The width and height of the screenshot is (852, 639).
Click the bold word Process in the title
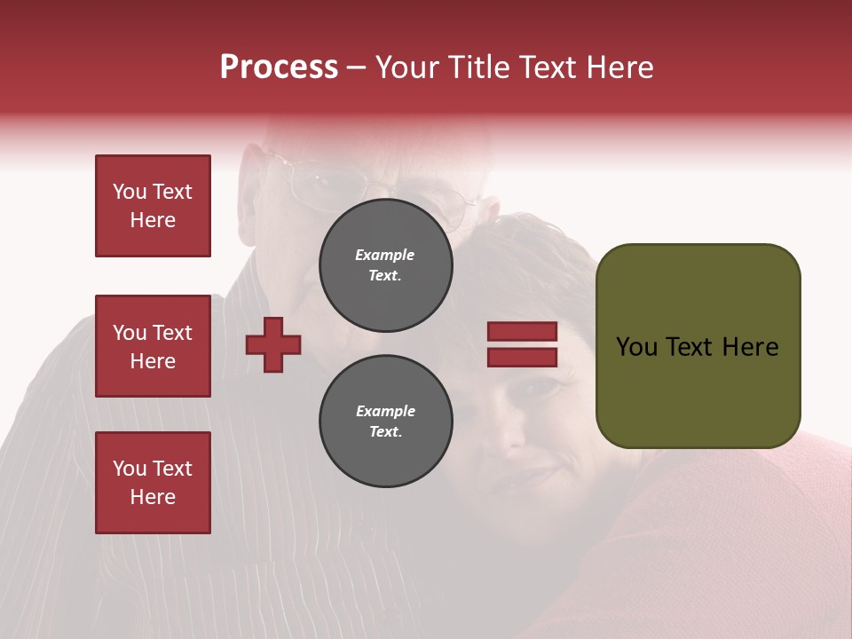pos(279,67)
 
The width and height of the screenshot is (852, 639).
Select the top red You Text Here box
pos(153,206)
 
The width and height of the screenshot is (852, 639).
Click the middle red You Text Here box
pos(153,346)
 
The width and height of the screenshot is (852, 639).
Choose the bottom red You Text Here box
pos(153,483)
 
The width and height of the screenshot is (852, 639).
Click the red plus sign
pos(273,344)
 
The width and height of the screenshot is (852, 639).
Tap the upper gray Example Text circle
pos(385,265)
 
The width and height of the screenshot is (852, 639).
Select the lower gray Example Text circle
pos(385,422)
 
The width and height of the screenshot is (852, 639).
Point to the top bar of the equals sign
pos(522,332)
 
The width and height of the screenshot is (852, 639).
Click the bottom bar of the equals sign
pos(522,357)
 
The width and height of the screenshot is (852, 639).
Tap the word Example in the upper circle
pos(385,255)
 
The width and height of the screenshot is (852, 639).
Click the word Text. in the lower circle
pos(385,432)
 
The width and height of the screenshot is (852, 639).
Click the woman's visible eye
pos(543,388)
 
